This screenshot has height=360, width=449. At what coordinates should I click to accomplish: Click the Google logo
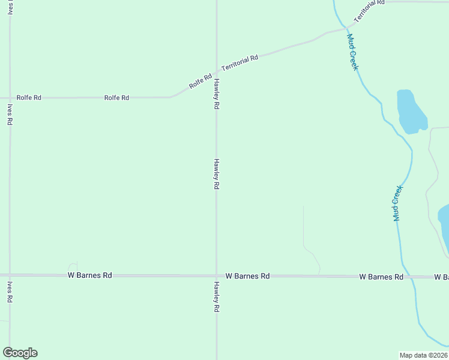[x=20, y=353]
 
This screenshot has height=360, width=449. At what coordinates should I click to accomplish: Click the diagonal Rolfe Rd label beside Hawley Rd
[x=200, y=80]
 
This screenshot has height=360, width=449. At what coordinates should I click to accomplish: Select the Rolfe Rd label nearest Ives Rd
[x=29, y=97]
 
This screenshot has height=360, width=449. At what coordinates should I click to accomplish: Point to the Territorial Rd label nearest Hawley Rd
[x=240, y=62]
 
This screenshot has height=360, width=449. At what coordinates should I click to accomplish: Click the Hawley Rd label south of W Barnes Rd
[x=215, y=296]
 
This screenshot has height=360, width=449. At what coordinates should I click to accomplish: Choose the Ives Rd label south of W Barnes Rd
[x=10, y=292]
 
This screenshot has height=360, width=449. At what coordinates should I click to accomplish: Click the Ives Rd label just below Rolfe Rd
[x=10, y=114]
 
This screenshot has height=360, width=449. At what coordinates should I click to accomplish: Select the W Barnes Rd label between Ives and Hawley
[x=89, y=275]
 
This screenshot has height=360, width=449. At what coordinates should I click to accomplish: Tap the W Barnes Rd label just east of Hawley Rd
[x=247, y=276]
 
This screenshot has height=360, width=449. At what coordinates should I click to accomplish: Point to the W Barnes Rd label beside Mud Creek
[x=381, y=277]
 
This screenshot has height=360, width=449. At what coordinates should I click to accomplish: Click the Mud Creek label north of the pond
[x=352, y=52]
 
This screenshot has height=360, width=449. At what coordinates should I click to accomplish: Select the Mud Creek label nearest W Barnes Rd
[x=397, y=203]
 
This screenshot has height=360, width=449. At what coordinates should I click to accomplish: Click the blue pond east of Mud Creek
[x=411, y=112]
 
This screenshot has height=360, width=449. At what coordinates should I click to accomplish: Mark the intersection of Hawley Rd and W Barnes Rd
[x=217, y=276]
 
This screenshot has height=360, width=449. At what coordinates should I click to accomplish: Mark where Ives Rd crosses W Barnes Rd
[x=10, y=275]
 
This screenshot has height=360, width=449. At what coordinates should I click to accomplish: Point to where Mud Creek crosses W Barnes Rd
[x=409, y=277]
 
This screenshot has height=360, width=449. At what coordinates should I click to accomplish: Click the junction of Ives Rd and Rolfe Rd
[x=10, y=97]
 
